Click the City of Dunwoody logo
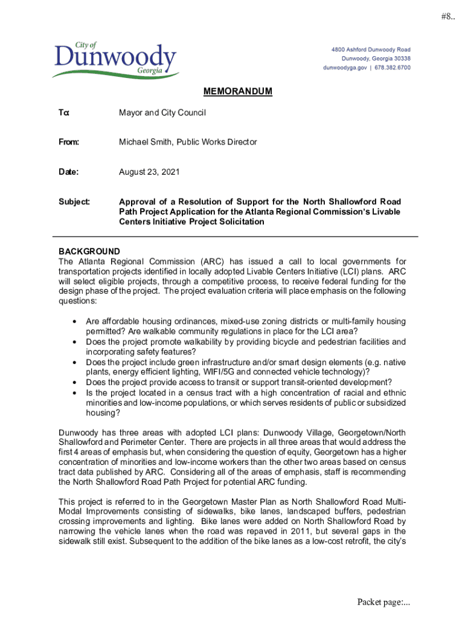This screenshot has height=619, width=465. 114,59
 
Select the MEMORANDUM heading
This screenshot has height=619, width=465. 237,92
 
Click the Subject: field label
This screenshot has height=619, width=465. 74,201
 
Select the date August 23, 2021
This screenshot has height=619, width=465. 149,172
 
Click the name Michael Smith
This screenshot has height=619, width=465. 145,142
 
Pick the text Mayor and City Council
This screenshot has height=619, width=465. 162,112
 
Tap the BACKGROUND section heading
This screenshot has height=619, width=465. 89,251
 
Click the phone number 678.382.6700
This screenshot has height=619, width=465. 392,68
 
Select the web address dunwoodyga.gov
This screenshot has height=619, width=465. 345,68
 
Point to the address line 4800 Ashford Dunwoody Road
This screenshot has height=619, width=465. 370,49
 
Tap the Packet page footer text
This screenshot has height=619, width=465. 383,602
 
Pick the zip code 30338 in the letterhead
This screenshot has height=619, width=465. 400,59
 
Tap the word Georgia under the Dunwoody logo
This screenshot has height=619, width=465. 149,71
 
